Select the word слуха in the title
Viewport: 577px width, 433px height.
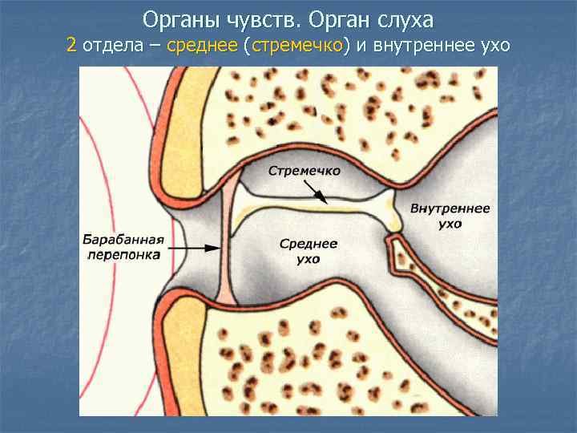tap(404, 18)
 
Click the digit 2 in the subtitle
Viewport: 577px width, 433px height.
tap(71, 45)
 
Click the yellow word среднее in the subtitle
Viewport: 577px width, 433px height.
tap(198, 45)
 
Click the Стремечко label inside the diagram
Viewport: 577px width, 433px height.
tap(305, 171)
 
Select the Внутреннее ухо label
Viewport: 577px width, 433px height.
tap(450, 216)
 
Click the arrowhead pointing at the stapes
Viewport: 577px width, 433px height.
tap(321, 197)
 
